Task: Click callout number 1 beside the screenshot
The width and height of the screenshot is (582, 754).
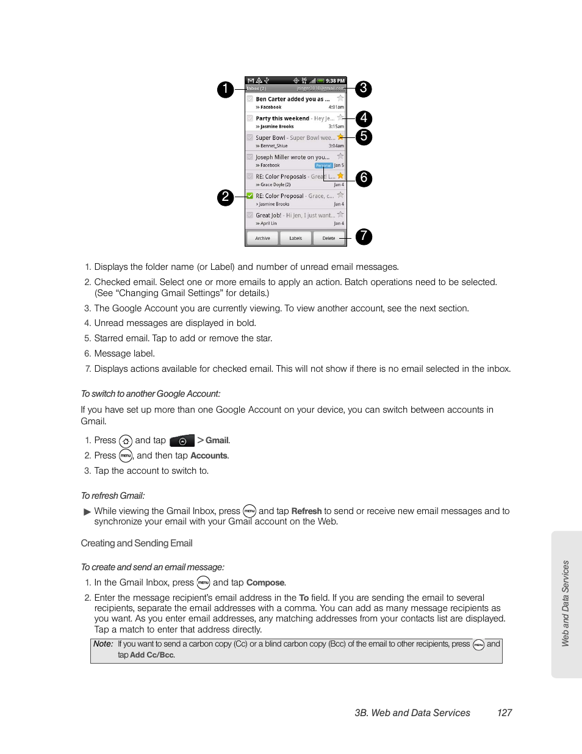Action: coord(225,89)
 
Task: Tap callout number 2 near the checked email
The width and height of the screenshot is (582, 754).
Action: coord(225,197)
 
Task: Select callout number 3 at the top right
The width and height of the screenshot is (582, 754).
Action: coord(363,89)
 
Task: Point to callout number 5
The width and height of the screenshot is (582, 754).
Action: coord(364,136)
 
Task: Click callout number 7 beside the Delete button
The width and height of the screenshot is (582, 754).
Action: coord(364,236)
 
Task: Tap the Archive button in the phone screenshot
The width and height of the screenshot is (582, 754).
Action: coord(262,238)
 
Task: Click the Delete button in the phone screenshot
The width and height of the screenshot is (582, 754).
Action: coord(329,238)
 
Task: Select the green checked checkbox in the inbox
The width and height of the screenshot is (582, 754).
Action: coord(250,196)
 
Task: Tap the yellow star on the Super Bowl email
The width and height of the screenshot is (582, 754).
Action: coord(340,137)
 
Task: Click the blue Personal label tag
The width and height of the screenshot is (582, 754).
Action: coord(323,165)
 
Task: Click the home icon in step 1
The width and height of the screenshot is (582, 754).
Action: coord(126,441)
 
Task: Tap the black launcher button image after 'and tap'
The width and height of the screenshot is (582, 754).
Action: coord(182,441)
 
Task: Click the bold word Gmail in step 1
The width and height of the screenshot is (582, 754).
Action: coord(217,440)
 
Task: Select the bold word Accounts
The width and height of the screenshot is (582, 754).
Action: coord(209,455)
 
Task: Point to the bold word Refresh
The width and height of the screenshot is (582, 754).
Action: coord(306,511)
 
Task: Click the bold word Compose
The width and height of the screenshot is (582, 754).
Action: coord(265,582)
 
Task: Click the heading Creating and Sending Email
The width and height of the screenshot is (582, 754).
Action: coord(137,543)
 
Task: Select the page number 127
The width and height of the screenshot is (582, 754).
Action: coord(504,712)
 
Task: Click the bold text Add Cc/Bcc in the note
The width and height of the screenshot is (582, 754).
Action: coord(152,655)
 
